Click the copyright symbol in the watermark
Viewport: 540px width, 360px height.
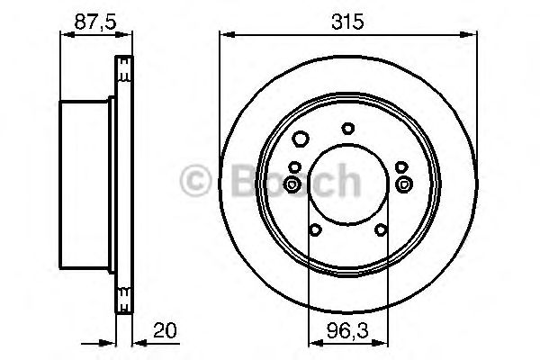[x=196, y=183]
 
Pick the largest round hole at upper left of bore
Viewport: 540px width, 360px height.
[x=301, y=138]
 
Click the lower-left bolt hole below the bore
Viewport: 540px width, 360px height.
[x=314, y=230]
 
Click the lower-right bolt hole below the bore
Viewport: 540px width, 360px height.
[x=381, y=230]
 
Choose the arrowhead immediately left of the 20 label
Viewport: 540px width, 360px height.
[x=136, y=342]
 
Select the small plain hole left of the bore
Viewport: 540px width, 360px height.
[x=295, y=165]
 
